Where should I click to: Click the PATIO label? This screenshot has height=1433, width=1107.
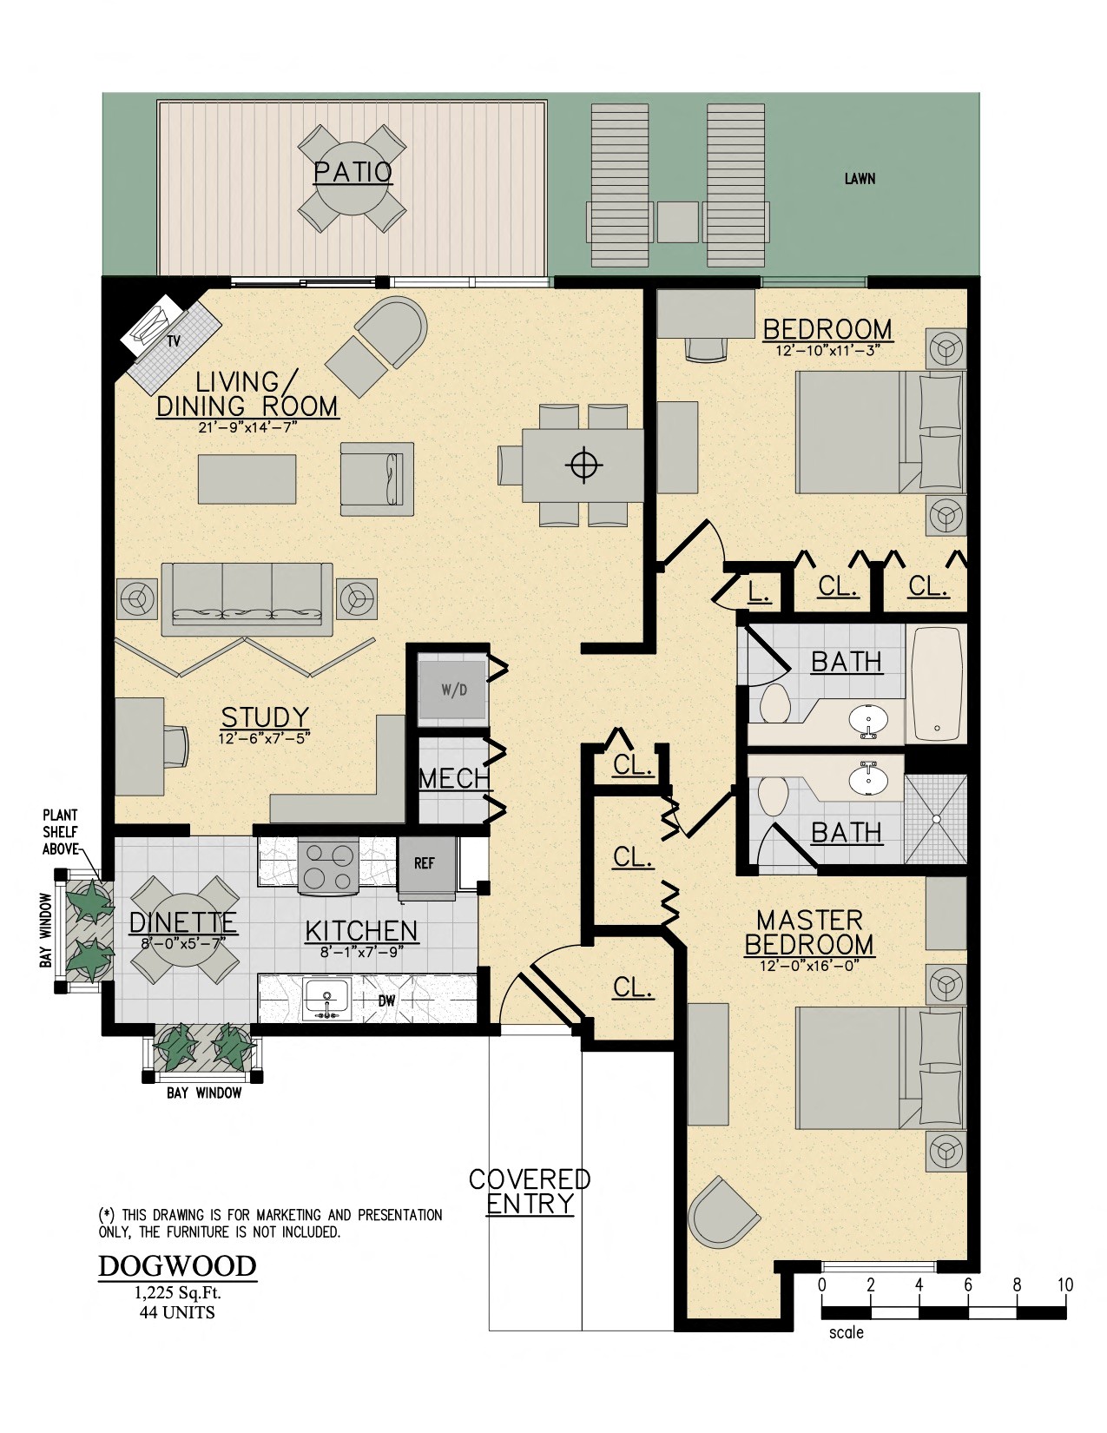pyautogui.click(x=353, y=172)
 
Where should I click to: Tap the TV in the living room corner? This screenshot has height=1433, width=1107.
pyautogui.click(x=157, y=325)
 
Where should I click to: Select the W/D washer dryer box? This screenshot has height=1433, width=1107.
pyautogui.click(x=452, y=690)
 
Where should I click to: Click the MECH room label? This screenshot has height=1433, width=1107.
pyautogui.click(x=454, y=778)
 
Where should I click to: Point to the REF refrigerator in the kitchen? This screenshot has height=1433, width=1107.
pyautogui.click(x=425, y=864)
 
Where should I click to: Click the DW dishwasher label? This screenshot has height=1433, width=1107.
pyautogui.click(x=386, y=1001)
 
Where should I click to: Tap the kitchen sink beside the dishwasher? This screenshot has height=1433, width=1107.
pyautogui.click(x=326, y=1000)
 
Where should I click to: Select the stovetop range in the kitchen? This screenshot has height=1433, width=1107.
pyautogui.click(x=328, y=865)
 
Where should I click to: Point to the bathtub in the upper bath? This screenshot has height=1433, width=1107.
pyautogui.click(x=936, y=683)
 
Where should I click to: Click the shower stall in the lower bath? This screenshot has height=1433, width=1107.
pyautogui.click(x=935, y=818)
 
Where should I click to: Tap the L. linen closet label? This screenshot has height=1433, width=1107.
pyautogui.click(x=759, y=592)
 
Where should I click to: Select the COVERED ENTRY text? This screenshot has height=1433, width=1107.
pyautogui.click(x=530, y=1192)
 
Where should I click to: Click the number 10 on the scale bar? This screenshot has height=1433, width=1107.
pyautogui.click(x=1065, y=1285)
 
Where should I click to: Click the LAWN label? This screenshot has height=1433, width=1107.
pyautogui.click(x=860, y=179)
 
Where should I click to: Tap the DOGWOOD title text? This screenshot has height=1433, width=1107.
pyautogui.click(x=177, y=1266)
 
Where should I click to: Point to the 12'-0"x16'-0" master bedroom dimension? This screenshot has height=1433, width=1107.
pyautogui.click(x=809, y=965)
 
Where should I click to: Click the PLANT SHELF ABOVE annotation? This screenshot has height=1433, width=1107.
pyautogui.click(x=61, y=832)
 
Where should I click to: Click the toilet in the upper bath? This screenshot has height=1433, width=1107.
pyautogui.click(x=774, y=703)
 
